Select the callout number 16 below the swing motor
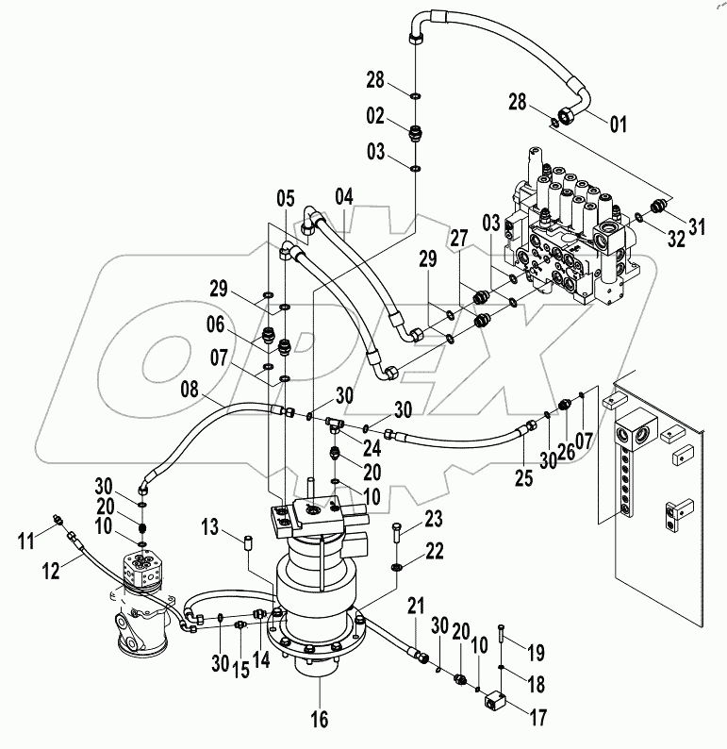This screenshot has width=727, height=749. tap(320, 720)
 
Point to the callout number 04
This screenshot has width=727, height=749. tap(343, 197)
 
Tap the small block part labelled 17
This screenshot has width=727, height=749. tap(498, 702)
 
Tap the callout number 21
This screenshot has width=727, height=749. tap(418, 604)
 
